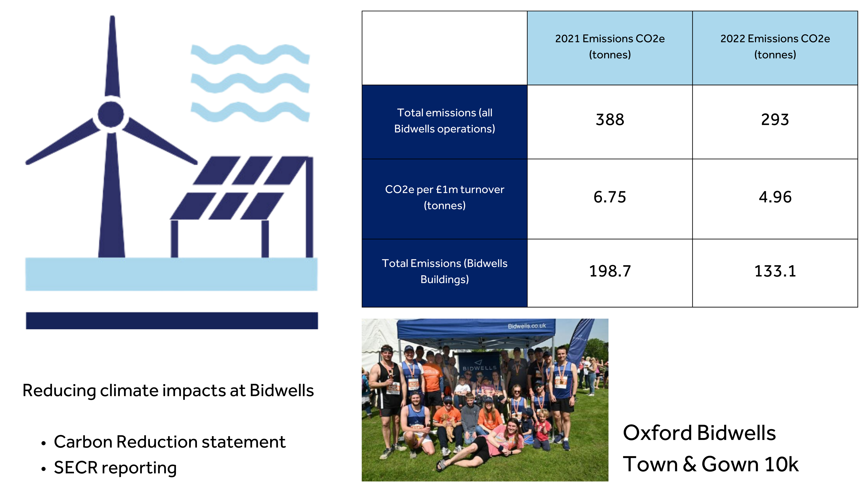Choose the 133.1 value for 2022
click(775, 271)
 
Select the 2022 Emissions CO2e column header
click(775, 47)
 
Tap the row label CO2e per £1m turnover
click(444, 197)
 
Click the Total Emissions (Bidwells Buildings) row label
click(444, 271)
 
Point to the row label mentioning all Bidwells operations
click(444, 121)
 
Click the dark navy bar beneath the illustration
click(172, 321)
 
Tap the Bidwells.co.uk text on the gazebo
click(527, 326)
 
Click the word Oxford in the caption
click(657, 433)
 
